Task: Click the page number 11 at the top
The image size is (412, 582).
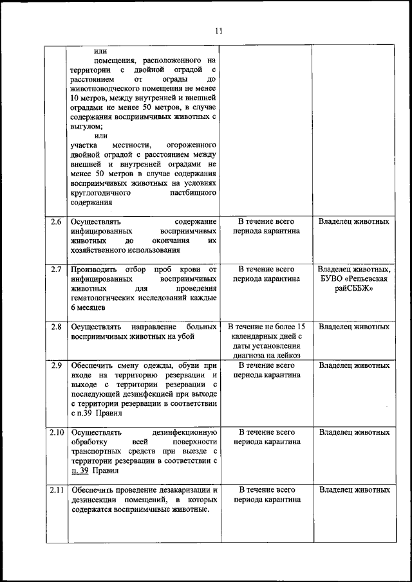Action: click(219, 30)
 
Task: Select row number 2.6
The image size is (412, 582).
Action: click(56, 221)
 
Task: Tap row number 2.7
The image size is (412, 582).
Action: click(56, 269)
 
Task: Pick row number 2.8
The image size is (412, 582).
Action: click(56, 327)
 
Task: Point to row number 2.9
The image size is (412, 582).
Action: click(56, 365)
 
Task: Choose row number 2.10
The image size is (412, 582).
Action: click(56, 432)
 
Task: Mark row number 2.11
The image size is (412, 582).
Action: click(56, 490)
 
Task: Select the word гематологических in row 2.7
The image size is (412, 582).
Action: click(108, 298)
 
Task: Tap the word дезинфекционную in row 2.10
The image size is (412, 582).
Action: click(187, 432)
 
